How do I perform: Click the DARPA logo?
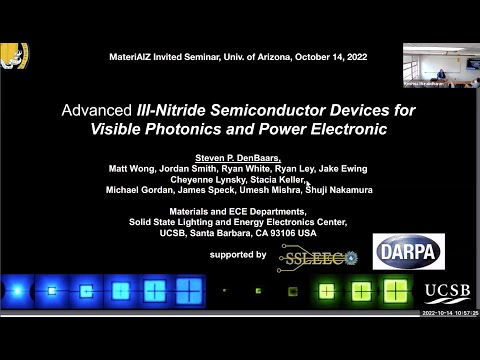click(408, 252)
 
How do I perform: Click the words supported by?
click(238, 255)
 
